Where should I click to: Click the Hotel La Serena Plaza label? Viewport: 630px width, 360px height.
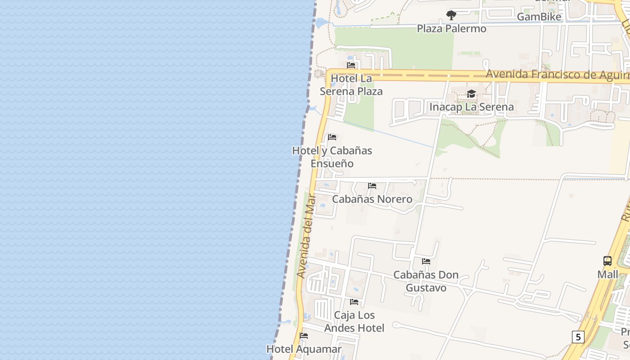(351, 85)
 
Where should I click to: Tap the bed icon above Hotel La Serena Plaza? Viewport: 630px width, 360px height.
(351, 65)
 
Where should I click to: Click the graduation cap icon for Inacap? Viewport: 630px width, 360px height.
(471, 94)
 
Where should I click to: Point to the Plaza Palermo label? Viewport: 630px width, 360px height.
(451, 29)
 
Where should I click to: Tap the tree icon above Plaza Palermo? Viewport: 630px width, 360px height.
(451, 15)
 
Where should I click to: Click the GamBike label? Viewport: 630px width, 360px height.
(539, 17)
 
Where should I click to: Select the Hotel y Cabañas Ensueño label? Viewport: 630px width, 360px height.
(332, 157)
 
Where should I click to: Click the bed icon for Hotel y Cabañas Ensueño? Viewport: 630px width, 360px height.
(332, 137)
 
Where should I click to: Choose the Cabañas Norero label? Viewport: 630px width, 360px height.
(372, 199)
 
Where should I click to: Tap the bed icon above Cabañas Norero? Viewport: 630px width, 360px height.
(372, 185)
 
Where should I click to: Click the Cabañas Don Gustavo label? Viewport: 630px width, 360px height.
(426, 281)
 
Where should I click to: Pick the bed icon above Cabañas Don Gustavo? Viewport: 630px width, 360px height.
(426, 261)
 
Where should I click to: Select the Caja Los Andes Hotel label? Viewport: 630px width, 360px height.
(354, 322)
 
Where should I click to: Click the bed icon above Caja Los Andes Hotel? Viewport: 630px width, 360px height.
(354, 301)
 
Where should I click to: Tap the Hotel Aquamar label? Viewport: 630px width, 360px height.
(304, 349)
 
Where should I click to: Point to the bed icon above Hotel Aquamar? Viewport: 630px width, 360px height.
(304, 336)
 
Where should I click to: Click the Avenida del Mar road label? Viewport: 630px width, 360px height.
(307, 235)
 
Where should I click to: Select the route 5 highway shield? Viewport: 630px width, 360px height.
(578, 337)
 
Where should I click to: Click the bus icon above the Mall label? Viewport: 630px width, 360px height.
(607, 261)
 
